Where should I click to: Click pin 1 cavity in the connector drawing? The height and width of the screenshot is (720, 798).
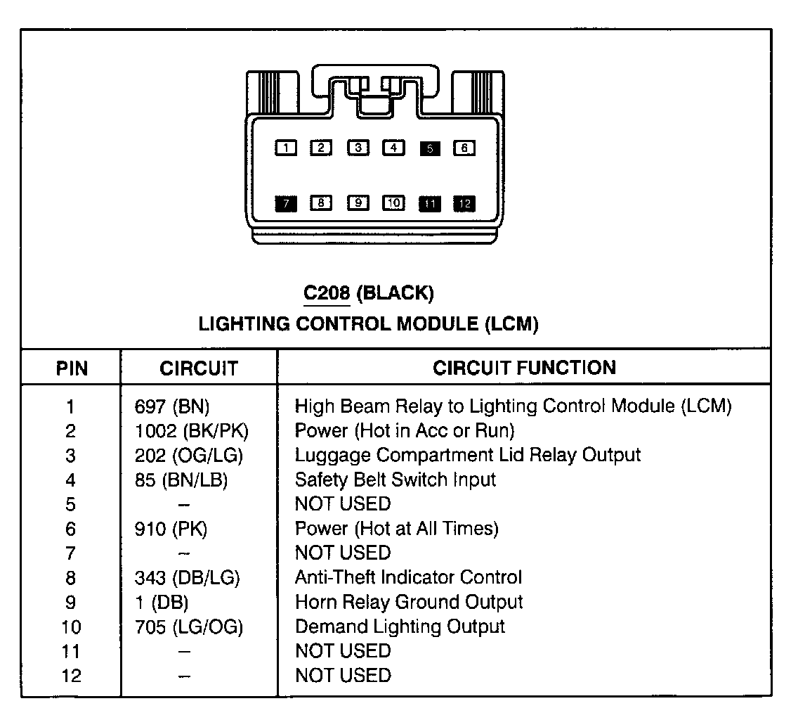(x=286, y=148)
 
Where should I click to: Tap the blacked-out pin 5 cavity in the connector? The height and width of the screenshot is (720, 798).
(x=430, y=148)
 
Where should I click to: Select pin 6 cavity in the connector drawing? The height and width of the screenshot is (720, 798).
(x=464, y=148)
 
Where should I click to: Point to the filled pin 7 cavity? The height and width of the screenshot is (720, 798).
(x=286, y=203)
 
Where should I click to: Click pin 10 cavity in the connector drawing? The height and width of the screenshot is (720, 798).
(x=393, y=203)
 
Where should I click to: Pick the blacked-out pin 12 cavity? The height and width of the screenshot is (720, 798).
(x=464, y=204)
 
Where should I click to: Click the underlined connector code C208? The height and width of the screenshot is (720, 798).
(x=327, y=293)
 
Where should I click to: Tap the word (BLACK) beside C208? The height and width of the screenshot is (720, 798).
(x=395, y=293)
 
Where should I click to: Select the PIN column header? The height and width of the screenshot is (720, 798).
(x=72, y=368)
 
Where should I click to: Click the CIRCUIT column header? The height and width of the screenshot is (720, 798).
(x=199, y=368)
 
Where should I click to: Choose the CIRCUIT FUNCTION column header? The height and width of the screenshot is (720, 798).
(x=524, y=367)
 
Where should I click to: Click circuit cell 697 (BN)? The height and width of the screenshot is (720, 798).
(x=172, y=406)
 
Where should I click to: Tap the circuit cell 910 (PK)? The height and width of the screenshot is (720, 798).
(x=171, y=528)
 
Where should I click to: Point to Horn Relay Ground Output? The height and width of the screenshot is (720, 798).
(x=409, y=602)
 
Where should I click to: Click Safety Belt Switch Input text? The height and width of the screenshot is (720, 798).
(x=395, y=480)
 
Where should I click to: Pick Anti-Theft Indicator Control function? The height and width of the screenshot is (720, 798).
(x=408, y=577)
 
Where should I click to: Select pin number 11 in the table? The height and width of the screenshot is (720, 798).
(x=72, y=651)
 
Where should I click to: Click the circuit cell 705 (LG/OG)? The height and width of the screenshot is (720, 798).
(x=189, y=626)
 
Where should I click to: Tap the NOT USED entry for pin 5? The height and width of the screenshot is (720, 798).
(x=343, y=504)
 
